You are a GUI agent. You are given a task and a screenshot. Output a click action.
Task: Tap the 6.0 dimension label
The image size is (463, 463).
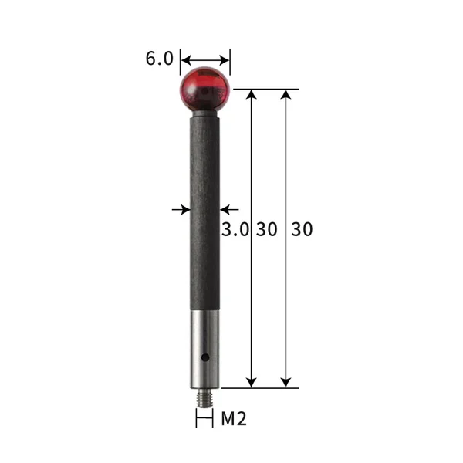159,59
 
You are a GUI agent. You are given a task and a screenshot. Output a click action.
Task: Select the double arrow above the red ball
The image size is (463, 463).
205,59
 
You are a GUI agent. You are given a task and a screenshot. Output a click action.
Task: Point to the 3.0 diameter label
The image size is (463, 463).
235,229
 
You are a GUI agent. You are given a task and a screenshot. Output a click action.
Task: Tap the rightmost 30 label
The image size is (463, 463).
302,229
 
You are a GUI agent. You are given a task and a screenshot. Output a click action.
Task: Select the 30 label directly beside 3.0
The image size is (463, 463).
267,229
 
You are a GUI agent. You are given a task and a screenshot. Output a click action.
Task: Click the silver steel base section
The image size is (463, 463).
204,347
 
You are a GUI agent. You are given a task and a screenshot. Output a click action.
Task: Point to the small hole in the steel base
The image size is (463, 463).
206,357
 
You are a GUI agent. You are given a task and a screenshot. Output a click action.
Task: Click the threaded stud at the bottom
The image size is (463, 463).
204,397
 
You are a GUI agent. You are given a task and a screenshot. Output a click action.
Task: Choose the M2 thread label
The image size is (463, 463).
234,419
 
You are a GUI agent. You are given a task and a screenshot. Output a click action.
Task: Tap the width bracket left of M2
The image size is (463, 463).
204,419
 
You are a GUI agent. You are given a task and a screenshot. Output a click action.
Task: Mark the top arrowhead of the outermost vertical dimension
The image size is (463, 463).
286,94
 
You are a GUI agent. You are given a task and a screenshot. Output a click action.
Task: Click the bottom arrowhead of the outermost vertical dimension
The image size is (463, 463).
286,382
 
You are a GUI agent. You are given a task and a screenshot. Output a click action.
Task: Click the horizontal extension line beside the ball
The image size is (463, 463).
262,90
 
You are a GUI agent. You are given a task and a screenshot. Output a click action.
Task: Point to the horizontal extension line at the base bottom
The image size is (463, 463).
262,387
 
